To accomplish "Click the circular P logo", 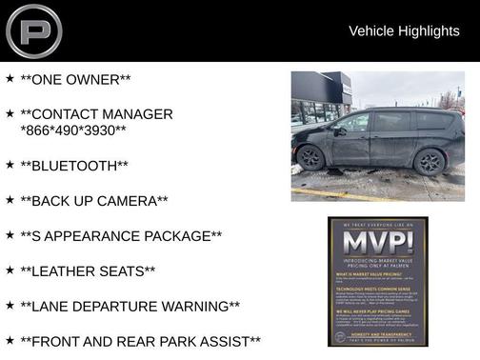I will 33,30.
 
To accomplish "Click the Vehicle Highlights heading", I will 404,31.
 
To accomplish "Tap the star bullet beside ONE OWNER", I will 10,78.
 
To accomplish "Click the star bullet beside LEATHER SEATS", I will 10,270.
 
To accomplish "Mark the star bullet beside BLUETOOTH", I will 10,165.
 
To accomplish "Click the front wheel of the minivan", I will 310,157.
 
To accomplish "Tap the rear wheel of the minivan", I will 430,161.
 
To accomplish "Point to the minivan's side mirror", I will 339,131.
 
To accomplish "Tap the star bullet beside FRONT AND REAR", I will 10,340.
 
